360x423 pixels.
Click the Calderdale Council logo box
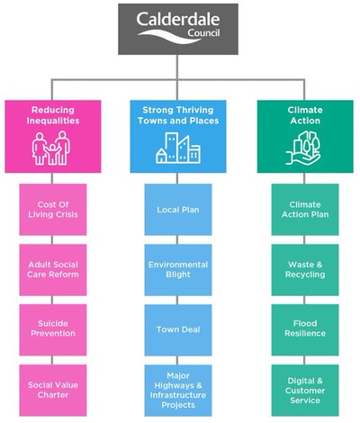coord(178,29)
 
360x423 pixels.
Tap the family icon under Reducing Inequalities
coord(51,148)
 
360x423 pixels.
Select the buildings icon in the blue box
coord(178,148)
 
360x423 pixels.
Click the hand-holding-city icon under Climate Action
coord(303,148)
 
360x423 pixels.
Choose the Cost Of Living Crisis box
coord(53,210)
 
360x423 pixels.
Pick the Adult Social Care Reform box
coord(53,270)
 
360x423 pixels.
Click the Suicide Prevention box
coord(53,329)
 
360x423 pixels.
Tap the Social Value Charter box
coord(53,390)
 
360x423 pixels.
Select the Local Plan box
coord(178,210)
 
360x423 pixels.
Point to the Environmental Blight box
coord(178,270)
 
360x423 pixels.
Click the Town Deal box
coord(178,329)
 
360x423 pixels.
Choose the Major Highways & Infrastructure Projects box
coord(178,390)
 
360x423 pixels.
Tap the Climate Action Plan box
coord(305,210)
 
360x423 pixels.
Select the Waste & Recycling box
coord(305,270)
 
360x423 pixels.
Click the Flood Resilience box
coord(305,329)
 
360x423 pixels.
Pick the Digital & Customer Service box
coord(305,390)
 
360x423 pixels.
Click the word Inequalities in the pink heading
coord(53,121)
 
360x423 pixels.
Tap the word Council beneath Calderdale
coord(204,32)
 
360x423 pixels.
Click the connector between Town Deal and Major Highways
coord(177,360)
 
